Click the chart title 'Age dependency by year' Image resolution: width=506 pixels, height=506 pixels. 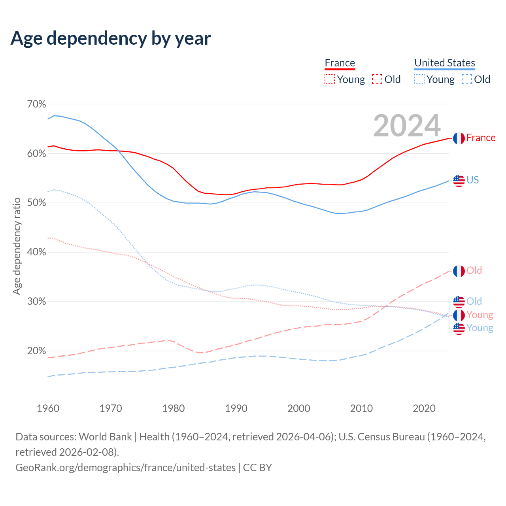[111, 38]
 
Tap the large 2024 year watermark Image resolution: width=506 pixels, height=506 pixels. [407, 125]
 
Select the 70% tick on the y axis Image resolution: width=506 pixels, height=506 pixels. [36, 104]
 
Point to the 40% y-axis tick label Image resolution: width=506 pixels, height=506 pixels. [36, 252]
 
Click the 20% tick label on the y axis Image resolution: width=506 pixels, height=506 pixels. [36, 351]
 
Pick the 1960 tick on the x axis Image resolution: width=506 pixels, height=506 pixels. [48, 408]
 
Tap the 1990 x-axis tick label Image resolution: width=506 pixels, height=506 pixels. [236, 408]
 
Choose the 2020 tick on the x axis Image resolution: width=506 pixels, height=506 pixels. [424, 408]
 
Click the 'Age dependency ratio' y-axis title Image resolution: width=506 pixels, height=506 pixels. [17, 246]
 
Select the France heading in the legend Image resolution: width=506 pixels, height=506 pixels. [340, 63]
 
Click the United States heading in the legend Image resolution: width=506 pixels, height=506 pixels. [445, 63]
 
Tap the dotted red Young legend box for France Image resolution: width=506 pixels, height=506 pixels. [330, 79]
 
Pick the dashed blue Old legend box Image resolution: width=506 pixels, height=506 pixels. [467, 79]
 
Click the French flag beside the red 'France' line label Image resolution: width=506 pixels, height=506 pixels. [459, 138]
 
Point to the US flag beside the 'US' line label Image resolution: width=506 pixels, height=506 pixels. [459, 181]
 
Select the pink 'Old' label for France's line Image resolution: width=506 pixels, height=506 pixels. [474, 271]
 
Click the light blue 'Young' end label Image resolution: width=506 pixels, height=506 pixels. [480, 328]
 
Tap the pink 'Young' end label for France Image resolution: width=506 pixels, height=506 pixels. [480, 315]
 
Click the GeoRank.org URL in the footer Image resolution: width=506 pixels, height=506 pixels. [125, 468]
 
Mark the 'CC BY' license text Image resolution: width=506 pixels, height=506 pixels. [257, 468]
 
